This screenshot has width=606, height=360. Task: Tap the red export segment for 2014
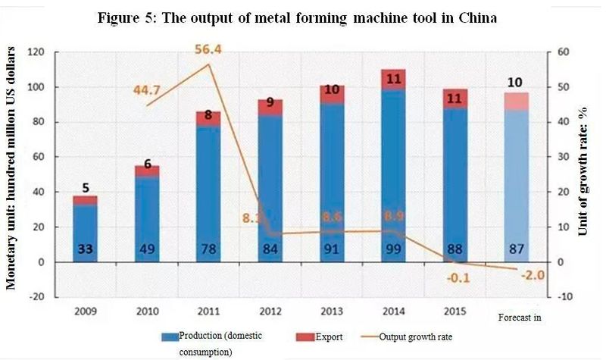(393, 80)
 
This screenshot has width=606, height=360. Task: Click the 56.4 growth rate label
(208, 50)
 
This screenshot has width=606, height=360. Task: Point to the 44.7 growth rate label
(148, 91)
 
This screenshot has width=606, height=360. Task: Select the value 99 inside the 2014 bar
(393, 251)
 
